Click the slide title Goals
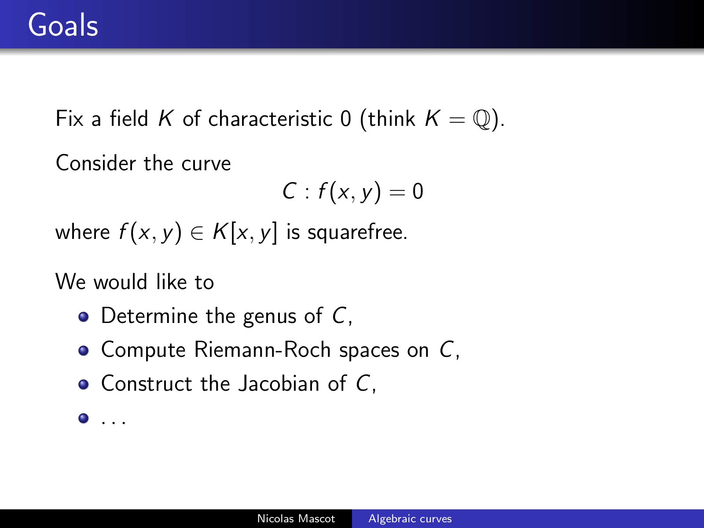pyautogui.click(x=63, y=25)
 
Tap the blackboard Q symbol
pyautogui.click(x=482, y=120)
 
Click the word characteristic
pyautogui.click(x=270, y=119)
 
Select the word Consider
pyautogui.click(x=95, y=163)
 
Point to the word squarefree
pyautogui.click(x=357, y=232)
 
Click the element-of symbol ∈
pyautogui.click(x=197, y=233)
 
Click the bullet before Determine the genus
pyautogui.click(x=84, y=317)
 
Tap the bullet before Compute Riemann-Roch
pyautogui.click(x=84, y=350)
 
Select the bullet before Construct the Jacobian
pyautogui.click(x=84, y=384)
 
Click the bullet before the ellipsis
pyautogui.click(x=84, y=418)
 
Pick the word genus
pyautogui.click(x=270, y=317)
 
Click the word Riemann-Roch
pyautogui.click(x=262, y=349)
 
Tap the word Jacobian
pyautogui.click(x=279, y=383)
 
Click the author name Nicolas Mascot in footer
pyautogui.click(x=296, y=519)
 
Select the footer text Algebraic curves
pyautogui.click(x=410, y=519)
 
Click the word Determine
pyautogui.click(x=150, y=316)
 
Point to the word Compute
pyautogui.click(x=143, y=350)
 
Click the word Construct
pyautogui.click(x=147, y=383)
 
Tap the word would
pyautogui.click(x=120, y=282)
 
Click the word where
pyautogui.click(x=83, y=232)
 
